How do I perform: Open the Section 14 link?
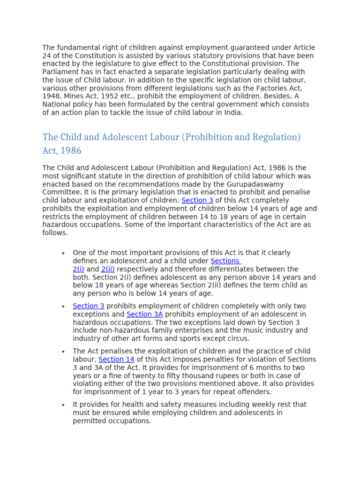[x=116, y=359]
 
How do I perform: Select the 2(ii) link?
[x=108, y=269]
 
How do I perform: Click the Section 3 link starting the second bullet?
[x=88, y=306]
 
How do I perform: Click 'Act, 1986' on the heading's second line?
[x=62, y=151]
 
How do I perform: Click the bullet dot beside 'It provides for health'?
[x=62, y=405]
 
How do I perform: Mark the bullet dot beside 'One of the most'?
[x=62, y=253]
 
